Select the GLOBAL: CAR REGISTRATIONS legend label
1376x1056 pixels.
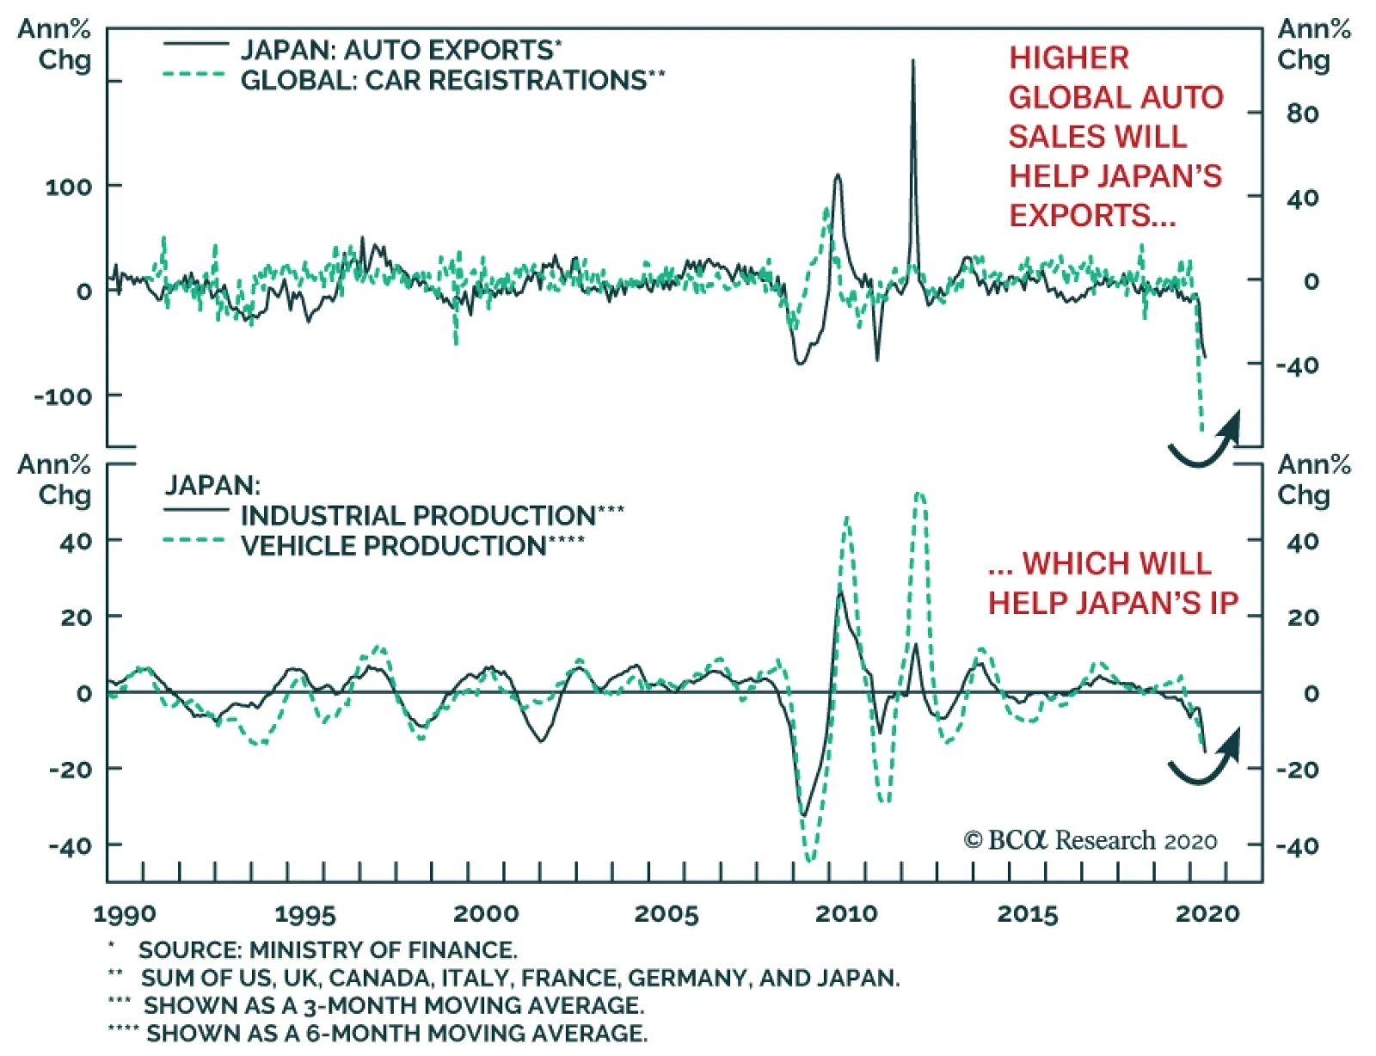(x=442, y=80)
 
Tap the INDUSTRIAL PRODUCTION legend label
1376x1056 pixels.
(x=417, y=515)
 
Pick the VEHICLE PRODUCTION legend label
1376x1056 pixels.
(x=393, y=545)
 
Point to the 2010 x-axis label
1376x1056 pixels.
(x=846, y=913)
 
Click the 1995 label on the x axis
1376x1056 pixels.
(x=304, y=913)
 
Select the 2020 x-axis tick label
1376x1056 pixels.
(x=1207, y=913)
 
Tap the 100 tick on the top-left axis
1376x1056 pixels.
(x=69, y=187)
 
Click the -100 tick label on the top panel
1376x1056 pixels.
(x=63, y=396)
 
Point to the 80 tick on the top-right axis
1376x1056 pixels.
(x=1302, y=114)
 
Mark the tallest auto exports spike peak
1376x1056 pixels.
(x=913, y=61)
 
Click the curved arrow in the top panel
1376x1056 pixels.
(x=1205, y=441)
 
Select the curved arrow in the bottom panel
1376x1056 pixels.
(x=1205, y=758)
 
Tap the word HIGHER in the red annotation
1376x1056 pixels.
(x=1069, y=58)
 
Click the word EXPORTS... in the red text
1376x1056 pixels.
(x=1091, y=215)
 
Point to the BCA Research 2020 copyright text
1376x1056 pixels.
(x=1090, y=840)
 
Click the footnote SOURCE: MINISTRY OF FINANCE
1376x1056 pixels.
(x=328, y=950)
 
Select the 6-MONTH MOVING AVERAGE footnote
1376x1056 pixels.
(x=396, y=1033)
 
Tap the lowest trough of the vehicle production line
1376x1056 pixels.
(x=809, y=858)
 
